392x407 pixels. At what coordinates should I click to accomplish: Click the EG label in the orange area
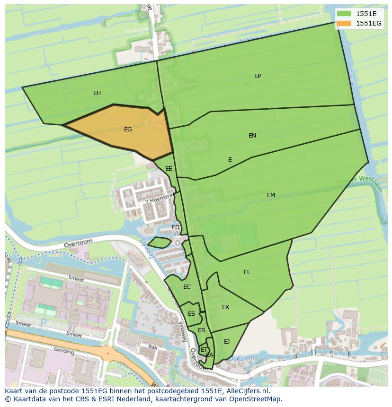coord(128,130)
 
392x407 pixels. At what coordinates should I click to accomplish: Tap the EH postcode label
coord(97,93)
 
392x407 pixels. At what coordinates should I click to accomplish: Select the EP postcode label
coord(258,76)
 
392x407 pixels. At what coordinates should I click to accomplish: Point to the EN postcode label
coord(252,136)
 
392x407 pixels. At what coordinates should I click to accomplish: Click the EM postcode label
coord(271,195)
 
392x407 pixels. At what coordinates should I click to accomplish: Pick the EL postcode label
coord(247,272)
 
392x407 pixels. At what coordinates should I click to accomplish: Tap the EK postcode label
coord(225,307)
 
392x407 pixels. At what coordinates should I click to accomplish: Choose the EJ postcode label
coord(227,342)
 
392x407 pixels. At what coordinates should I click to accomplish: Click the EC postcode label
coord(187,287)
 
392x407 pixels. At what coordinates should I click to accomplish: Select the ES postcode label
coord(191,314)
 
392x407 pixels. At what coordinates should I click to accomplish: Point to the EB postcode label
coord(201,330)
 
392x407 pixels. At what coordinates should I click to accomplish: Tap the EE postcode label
coord(169,169)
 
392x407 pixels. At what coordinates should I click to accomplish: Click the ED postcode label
coord(176,228)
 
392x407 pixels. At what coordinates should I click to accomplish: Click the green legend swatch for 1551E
coord(344,14)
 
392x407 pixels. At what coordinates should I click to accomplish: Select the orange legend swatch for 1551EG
coord(344,23)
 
